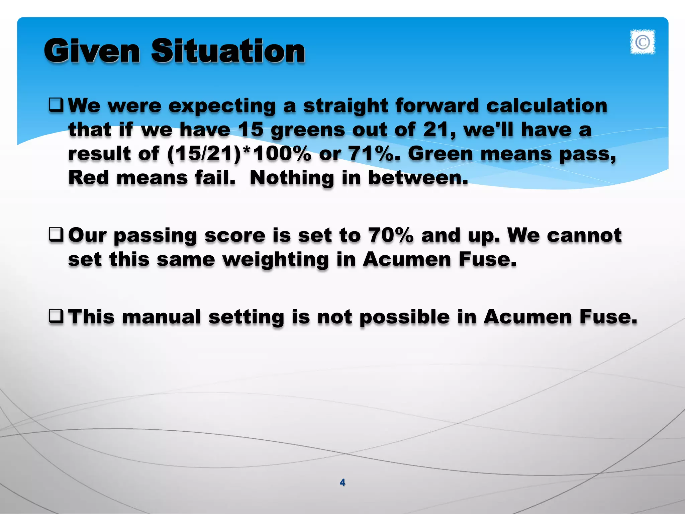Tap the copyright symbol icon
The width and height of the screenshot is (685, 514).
[642, 42]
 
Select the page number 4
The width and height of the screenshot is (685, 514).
[342, 482]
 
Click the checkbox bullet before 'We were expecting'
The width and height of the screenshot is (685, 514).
[56, 105]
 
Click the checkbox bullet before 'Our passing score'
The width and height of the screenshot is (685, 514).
[56, 235]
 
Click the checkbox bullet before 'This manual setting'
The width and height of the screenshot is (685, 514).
[56, 316]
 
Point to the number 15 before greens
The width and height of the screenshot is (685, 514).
[251, 130]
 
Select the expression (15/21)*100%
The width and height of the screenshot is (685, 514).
[239, 154]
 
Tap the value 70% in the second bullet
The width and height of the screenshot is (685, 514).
[390, 235]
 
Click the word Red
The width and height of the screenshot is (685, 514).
[89, 177]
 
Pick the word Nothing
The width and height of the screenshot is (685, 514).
[292, 178]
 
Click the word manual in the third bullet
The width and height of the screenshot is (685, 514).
[161, 317]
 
